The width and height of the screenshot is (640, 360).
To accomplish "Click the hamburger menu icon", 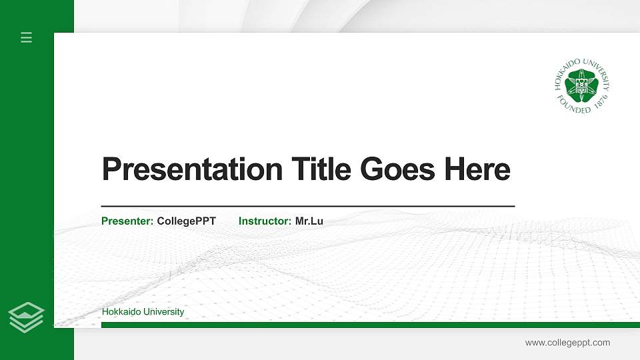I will [27, 37].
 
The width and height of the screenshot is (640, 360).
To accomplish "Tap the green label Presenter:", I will [127, 221].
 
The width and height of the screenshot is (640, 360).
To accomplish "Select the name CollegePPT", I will [187, 221].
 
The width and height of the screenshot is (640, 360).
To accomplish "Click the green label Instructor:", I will [265, 221].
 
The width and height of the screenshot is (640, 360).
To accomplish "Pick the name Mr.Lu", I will [309, 221].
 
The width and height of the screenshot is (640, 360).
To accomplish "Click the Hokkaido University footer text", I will [143, 312].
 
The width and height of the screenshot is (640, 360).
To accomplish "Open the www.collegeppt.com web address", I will [567, 343].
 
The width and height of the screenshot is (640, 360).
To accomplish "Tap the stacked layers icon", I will [27, 317].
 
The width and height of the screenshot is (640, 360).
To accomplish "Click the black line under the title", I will [307, 207].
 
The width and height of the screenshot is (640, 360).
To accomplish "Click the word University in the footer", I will [164, 312].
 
